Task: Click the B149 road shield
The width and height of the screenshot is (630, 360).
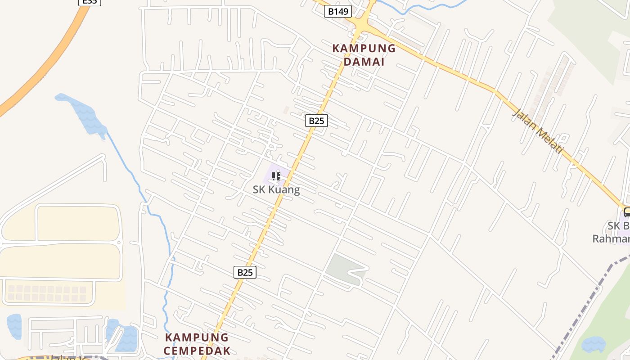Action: (337, 11)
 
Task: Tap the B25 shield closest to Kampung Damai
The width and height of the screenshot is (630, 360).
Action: (316, 121)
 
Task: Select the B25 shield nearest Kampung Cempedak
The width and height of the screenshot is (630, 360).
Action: (245, 272)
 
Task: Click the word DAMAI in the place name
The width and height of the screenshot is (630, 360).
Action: (364, 62)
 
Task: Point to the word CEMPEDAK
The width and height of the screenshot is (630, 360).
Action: (197, 351)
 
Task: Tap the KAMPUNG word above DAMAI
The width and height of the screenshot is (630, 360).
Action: (364, 49)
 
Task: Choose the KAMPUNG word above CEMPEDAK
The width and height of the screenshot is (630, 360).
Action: (197, 337)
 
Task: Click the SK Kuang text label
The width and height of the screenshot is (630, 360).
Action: (276, 189)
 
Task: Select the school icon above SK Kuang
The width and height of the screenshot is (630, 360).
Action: (276, 176)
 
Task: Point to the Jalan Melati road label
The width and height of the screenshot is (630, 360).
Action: (538, 131)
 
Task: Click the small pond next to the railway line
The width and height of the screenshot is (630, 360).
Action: (594, 345)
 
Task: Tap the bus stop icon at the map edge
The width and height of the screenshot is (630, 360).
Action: (627, 212)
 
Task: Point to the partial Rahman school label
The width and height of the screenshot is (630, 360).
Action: (611, 238)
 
